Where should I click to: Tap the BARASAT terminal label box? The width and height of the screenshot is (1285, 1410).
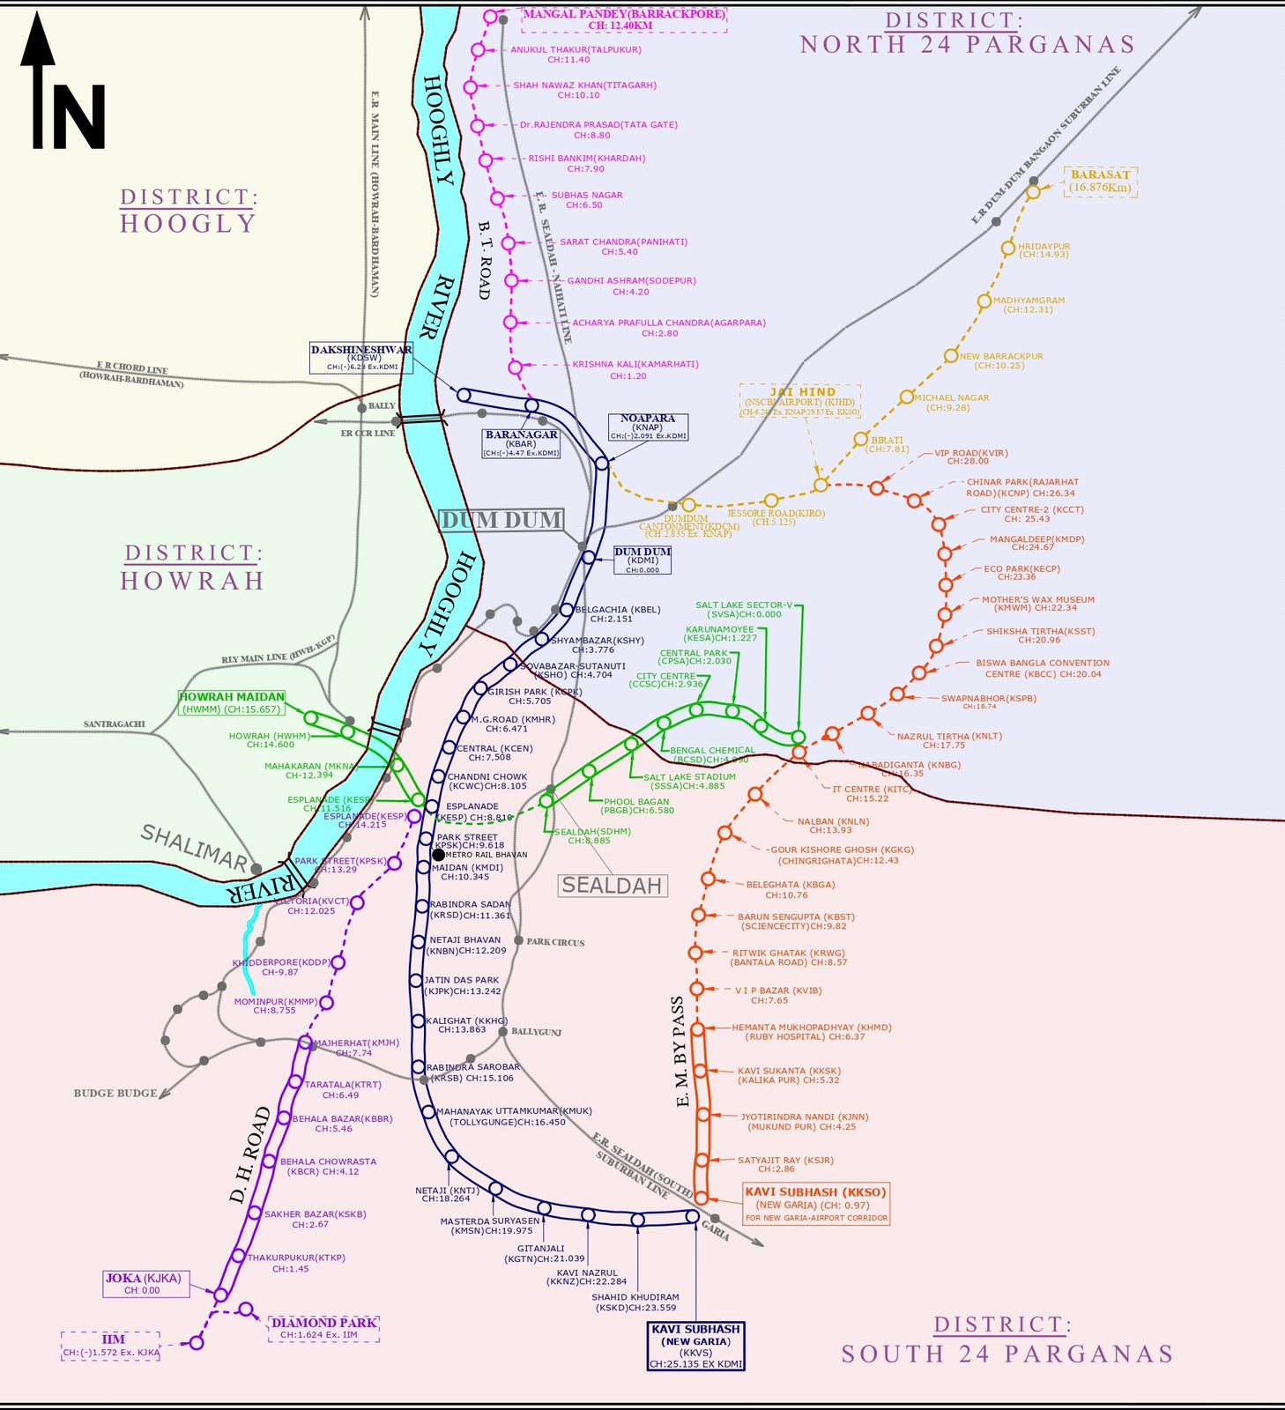click(1100, 182)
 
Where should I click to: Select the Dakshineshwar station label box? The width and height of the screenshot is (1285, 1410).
click(360, 357)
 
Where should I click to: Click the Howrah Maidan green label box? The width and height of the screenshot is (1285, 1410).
click(232, 702)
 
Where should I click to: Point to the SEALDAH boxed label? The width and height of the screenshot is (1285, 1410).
click(612, 886)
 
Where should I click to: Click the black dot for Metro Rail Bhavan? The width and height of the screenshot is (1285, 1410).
click(438, 855)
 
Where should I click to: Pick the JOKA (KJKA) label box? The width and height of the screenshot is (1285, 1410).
click(144, 1284)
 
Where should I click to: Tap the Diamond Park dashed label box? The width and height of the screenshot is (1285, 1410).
click(323, 1328)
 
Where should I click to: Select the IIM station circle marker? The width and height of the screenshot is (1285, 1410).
click(197, 1342)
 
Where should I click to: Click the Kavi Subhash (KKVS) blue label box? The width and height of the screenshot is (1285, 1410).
click(695, 1346)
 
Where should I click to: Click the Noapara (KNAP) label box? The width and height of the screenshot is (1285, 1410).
click(648, 427)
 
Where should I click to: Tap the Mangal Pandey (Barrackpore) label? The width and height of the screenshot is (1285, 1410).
click(623, 19)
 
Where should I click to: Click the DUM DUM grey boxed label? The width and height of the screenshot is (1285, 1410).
click(501, 520)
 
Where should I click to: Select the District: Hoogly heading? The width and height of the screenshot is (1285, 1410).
click(189, 210)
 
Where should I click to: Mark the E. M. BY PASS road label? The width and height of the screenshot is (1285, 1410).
click(679, 1051)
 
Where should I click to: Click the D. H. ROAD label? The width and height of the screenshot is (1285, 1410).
click(250, 1154)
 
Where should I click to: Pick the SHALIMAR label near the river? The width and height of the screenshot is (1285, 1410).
click(195, 848)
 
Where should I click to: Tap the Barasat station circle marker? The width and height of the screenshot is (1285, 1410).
click(1032, 192)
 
